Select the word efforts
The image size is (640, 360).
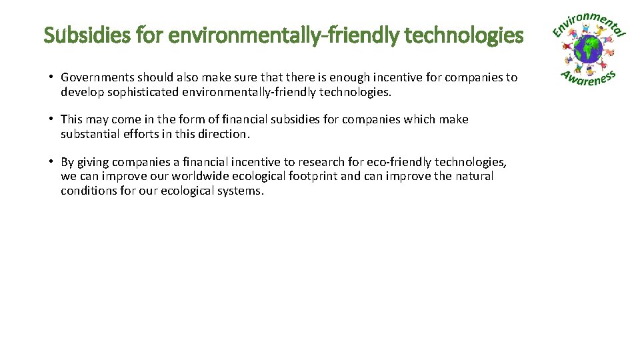142,134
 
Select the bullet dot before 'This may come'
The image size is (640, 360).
51,119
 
